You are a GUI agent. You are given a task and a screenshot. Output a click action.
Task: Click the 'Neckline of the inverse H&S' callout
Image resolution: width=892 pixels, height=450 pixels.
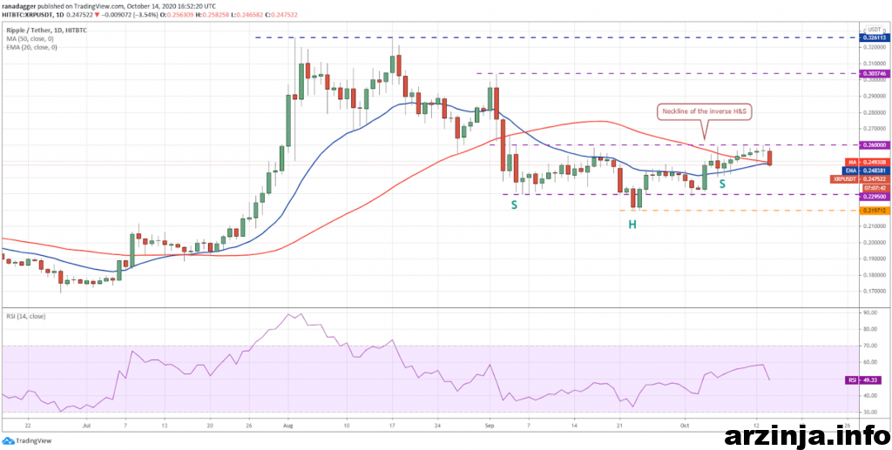pyautogui.click(x=704, y=111)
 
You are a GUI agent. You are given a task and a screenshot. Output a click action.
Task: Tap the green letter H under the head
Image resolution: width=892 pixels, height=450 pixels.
pyautogui.click(x=632, y=225)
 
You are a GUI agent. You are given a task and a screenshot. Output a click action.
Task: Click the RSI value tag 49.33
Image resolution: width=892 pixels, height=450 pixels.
pyautogui.click(x=871, y=380)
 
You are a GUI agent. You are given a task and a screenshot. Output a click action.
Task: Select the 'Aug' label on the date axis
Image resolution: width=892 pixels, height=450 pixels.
pyautogui.click(x=288, y=427)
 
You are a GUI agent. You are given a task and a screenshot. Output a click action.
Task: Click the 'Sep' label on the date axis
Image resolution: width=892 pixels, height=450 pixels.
pyautogui.click(x=490, y=427)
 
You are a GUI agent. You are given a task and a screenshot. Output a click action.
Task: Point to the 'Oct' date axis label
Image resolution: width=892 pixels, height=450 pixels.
pyautogui.click(x=685, y=427)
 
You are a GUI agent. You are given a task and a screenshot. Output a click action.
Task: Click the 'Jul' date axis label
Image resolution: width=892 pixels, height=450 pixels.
pyautogui.click(x=85, y=427)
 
